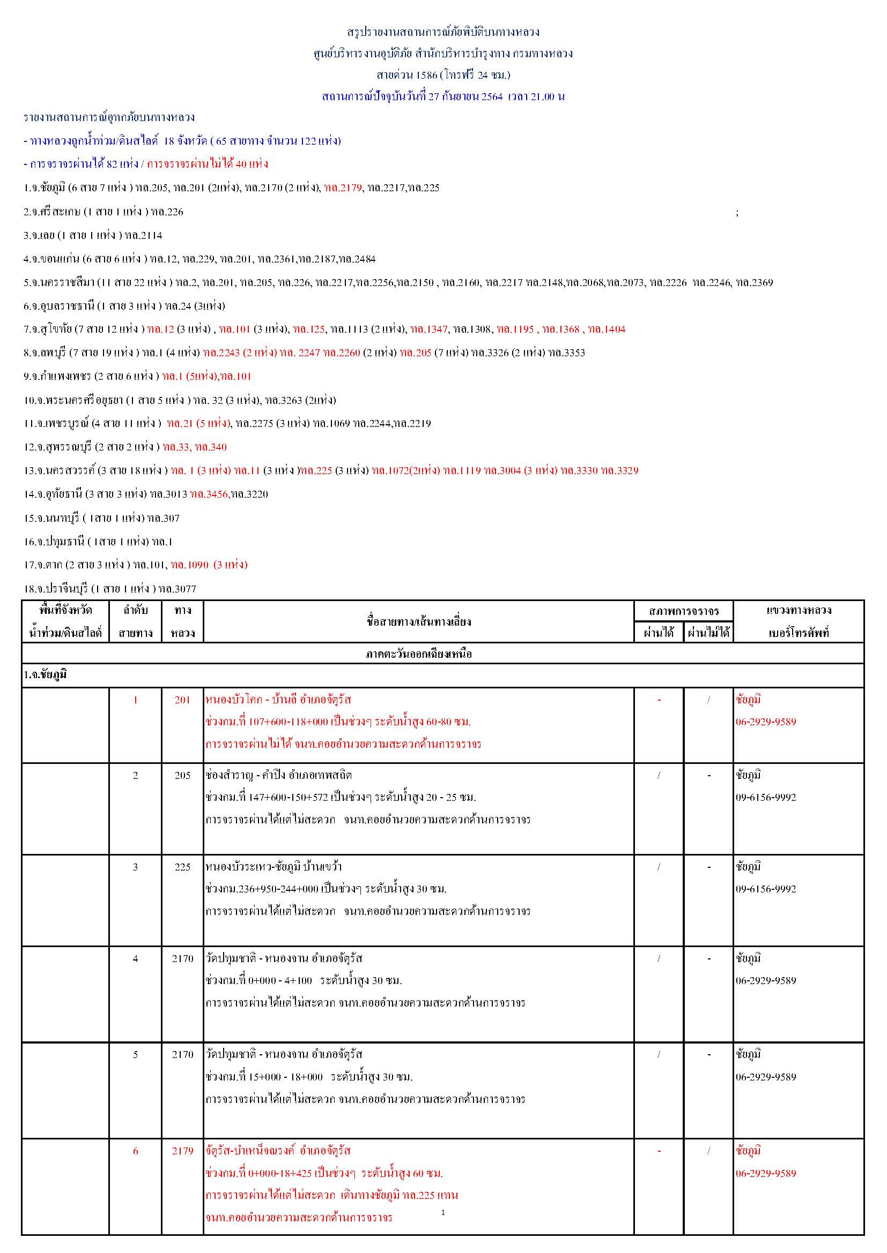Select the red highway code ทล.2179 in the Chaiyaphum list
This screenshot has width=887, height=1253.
(343, 187)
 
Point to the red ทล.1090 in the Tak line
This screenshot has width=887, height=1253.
(189, 565)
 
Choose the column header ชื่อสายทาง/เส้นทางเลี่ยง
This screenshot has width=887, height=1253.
(418, 621)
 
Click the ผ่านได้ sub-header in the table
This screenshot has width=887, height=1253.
(659, 633)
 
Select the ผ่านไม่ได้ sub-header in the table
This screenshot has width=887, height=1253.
(708, 633)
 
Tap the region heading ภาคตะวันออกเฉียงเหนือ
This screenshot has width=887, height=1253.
(418, 654)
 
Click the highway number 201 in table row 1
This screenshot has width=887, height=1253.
(182, 700)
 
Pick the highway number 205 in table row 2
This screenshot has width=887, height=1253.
(182, 776)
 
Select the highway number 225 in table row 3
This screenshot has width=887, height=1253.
(182, 867)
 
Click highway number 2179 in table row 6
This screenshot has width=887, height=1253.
(182, 1151)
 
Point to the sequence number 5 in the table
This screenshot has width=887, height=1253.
(136, 1055)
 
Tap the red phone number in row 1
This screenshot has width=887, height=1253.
(765, 722)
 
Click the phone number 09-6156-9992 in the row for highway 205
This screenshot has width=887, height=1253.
(765, 798)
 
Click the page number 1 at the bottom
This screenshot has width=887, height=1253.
(443, 1213)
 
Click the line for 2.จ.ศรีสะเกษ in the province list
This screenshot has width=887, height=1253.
(104, 212)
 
